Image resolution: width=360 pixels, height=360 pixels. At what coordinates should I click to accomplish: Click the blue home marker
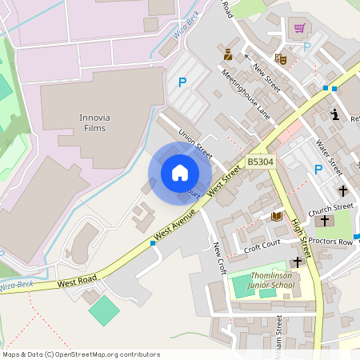pyautogui.click(x=180, y=173)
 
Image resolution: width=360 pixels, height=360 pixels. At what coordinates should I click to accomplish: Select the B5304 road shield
pyautogui.click(x=259, y=162)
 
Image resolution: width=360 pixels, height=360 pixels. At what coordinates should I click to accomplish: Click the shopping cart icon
pyautogui.click(x=300, y=28)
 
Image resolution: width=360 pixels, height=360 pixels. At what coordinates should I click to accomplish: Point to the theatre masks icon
pyautogui.click(x=280, y=58)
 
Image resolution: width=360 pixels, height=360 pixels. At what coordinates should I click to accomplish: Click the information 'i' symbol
pyautogui.click(x=334, y=115)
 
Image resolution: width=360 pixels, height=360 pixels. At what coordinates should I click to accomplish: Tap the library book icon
pyautogui.click(x=277, y=216)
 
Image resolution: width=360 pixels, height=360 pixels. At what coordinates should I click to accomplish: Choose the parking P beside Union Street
pyautogui.click(x=182, y=82)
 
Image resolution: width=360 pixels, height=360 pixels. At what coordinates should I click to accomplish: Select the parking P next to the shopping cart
pyautogui.click(x=306, y=46)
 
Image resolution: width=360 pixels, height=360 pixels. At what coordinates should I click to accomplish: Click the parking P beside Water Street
pyautogui.click(x=318, y=169)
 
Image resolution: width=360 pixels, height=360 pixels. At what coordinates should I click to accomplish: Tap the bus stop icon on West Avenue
pyautogui.click(x=152, y=242)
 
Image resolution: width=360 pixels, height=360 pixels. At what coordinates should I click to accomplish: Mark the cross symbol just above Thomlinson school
pyautogui.click(x=298, y=262)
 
